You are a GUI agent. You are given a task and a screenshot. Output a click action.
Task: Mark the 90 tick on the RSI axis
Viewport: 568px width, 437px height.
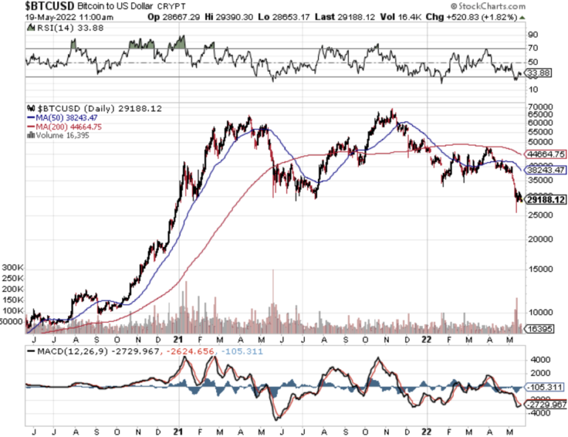coord(531,34)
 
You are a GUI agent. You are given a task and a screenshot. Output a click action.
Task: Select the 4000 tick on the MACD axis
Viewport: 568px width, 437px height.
coord(538,359)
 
